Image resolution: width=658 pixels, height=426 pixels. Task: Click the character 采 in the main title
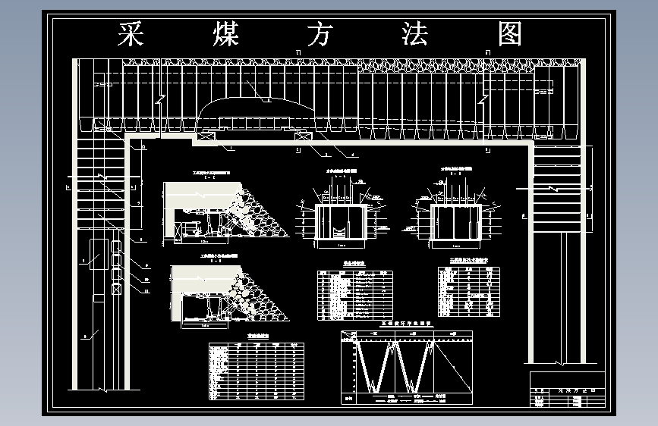point(131,35)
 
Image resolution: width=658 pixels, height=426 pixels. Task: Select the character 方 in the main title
point(318,35)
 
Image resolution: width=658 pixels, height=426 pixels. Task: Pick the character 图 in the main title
point(510,35)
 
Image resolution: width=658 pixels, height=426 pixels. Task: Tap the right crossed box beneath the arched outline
point(304,136)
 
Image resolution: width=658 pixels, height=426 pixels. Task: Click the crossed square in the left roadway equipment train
point(116,289)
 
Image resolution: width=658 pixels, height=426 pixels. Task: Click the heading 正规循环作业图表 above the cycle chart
point(405,323)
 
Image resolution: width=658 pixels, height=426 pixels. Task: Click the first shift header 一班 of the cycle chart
point(372,334)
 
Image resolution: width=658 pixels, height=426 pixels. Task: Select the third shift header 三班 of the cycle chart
point(452,334)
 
